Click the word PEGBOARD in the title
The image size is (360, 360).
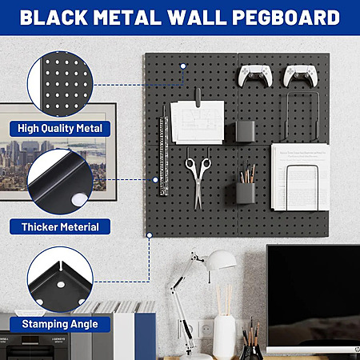(286, 18)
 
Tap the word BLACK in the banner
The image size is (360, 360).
(54, 18)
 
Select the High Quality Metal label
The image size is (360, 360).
(60, 129)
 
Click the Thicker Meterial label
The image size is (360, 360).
(60, 227)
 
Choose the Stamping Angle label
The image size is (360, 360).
(60, 324)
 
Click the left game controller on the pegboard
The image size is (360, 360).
(255, 76)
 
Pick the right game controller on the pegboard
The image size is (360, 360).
(300, 76)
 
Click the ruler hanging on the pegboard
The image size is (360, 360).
(164, 155)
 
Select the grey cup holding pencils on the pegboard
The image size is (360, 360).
(246, 193)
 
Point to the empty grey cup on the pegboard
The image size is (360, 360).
(245, 131)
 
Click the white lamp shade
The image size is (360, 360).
(222, 260)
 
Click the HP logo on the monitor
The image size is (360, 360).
(357, 349)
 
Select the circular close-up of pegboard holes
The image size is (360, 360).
(60, 84)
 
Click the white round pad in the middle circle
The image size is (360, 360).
(79, 199)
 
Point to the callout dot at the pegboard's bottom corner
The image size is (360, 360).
(150, 235)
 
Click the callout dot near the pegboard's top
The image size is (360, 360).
(183, 66)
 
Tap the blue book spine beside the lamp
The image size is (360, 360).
(145, 336)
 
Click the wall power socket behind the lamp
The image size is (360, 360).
(206, 330)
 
